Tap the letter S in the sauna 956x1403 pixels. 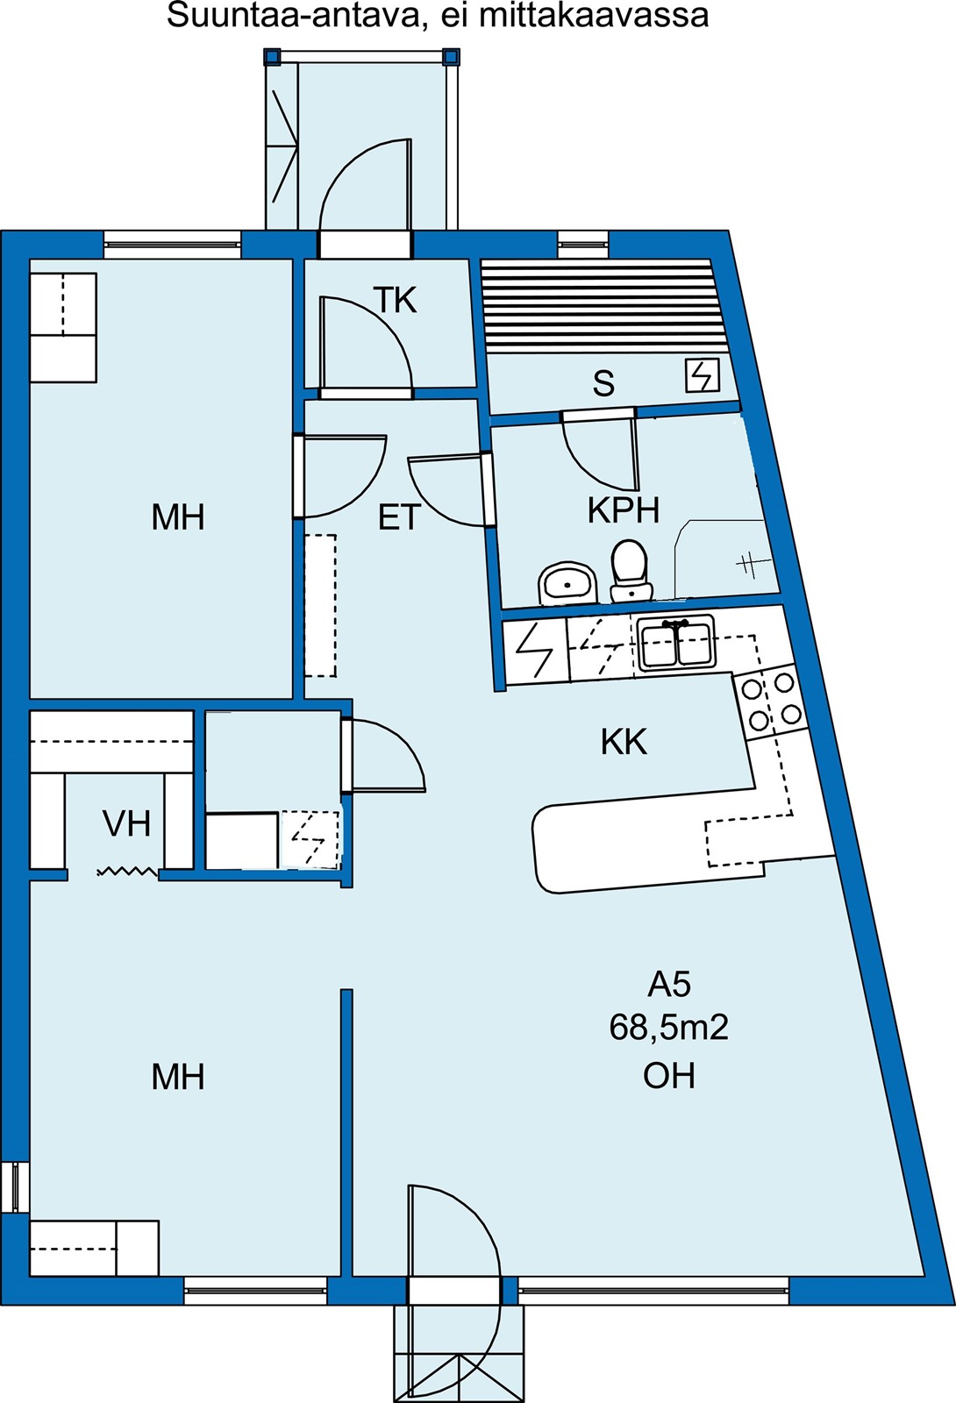[603, 383]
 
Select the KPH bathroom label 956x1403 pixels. [624, 510]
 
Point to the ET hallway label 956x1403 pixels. [399, 517]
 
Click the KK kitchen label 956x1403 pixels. [624, 742]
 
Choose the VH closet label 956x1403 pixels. [126, 823]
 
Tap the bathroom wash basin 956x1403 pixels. [566, 583]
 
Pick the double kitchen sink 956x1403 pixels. [676, 643]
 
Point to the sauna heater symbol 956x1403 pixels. [702, 375]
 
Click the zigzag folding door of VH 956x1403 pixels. [127, 872]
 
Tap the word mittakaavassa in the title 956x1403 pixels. [596, 15]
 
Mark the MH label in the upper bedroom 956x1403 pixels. [178, 517]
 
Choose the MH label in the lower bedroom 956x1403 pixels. [178, 1077]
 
